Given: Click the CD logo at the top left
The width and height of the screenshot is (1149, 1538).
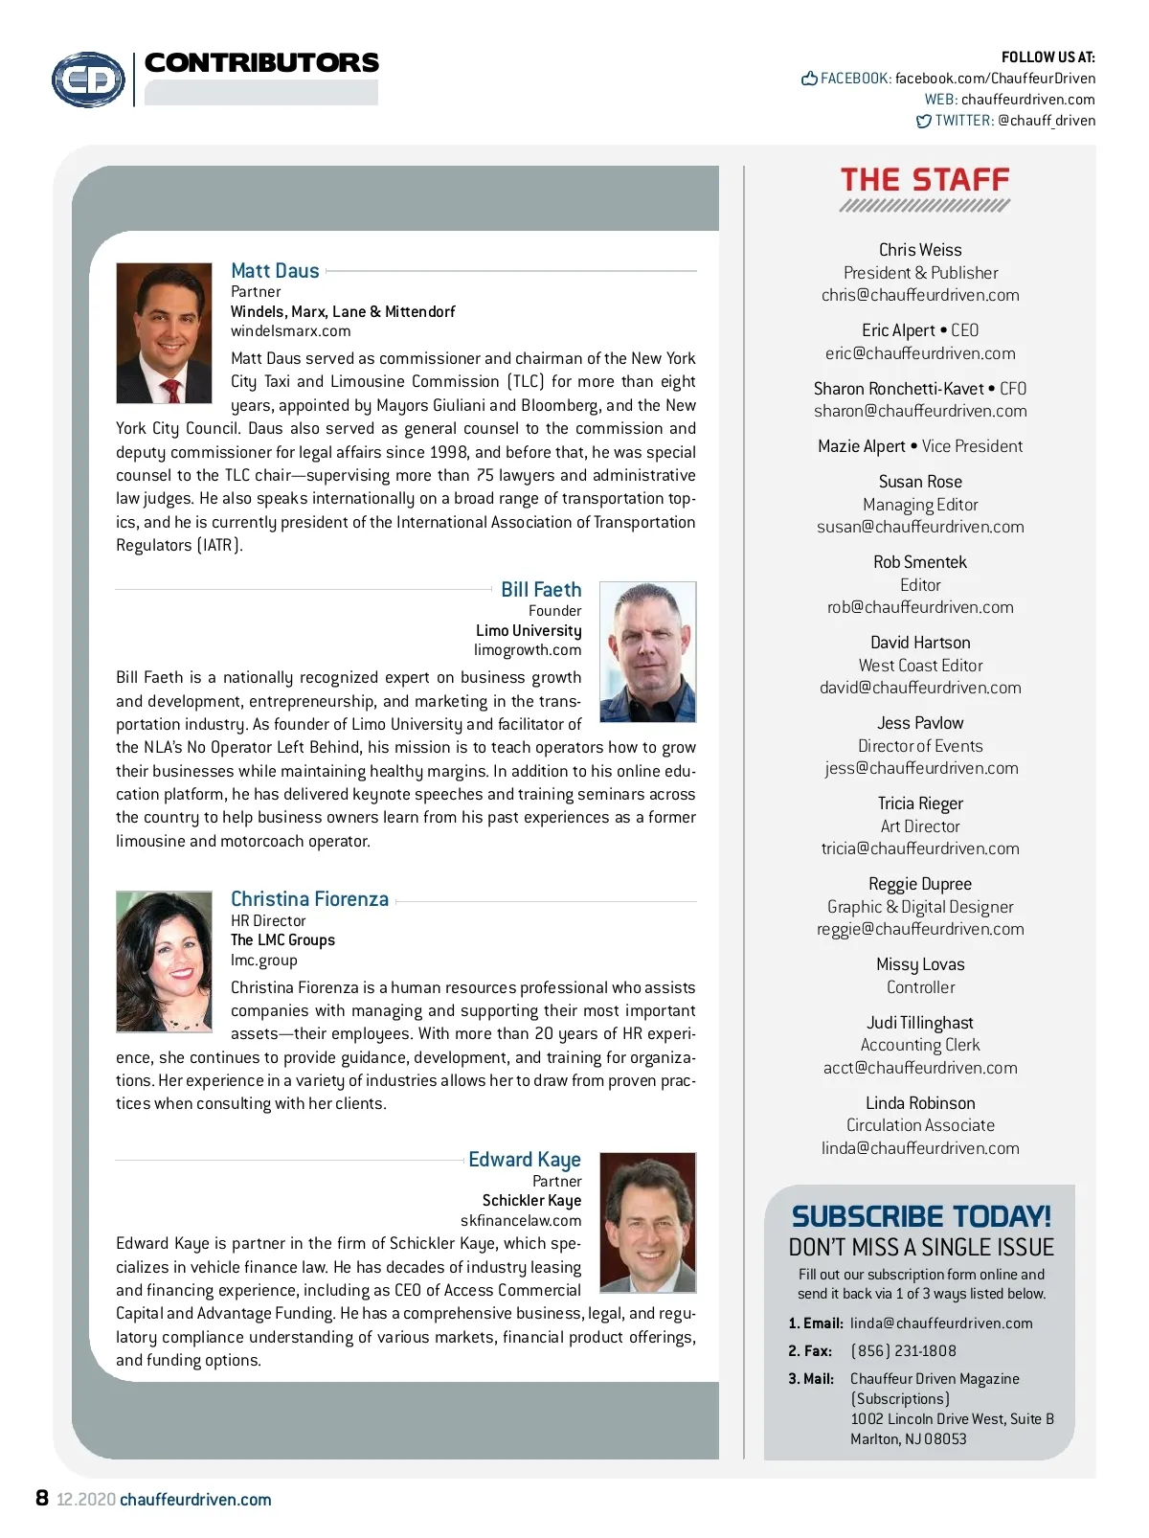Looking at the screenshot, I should point(88,79).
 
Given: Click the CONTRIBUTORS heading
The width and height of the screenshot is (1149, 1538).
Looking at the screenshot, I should point(261,63).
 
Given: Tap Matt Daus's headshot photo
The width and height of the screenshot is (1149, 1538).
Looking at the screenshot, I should point(164,333).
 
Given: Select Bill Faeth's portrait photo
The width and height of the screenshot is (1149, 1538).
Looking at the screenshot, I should point(647,651).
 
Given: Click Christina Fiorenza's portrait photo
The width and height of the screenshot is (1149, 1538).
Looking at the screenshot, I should point(164,961).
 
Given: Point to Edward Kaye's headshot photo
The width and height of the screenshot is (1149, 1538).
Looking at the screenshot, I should point(647,1222).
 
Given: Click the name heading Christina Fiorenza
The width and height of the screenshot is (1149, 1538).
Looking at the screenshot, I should point(309,899).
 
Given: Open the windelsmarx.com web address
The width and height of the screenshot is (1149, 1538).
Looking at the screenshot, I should point(290,331).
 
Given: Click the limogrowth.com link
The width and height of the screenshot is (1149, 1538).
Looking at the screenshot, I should point(528,650).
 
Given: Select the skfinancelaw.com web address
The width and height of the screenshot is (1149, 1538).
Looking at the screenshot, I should point(521,1220).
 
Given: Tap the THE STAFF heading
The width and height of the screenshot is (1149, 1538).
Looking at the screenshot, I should point(925,180).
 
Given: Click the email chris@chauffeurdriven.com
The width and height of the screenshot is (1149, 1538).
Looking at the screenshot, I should point(920,295).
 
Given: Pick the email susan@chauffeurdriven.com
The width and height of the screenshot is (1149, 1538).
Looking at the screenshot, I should point(920,527).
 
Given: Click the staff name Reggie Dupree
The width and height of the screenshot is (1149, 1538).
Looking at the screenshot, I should point(920,884).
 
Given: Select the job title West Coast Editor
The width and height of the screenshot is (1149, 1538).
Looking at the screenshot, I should point(920,666).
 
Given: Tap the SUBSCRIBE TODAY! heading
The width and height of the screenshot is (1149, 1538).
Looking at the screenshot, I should point(921,1216).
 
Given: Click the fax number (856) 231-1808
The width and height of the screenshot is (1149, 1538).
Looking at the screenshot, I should point(903,1351).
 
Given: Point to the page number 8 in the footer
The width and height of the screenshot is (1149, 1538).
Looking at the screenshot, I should point(42,1498).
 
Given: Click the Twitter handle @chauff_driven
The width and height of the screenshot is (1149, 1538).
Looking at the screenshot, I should point(1047,121).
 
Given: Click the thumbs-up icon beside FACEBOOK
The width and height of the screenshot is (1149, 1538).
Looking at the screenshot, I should point(809,79).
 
